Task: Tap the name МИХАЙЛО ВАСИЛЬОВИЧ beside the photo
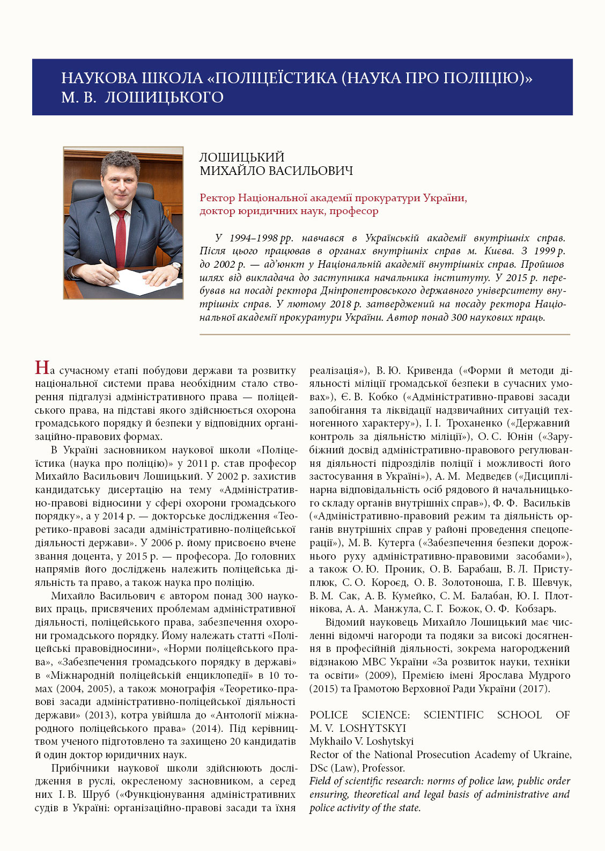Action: [x=276, y=171]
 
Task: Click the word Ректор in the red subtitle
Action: [x=217, y=198]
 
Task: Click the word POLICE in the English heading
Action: [x=328, y=715]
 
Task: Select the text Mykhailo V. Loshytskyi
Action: [x=361, y=742]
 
